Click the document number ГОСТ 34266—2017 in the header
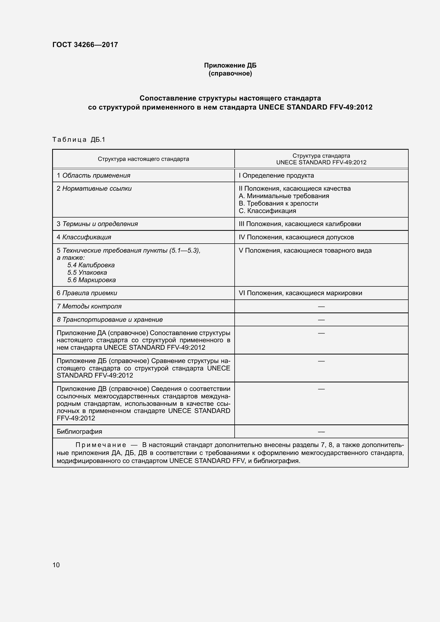tap(85, 45)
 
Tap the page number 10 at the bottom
tap(56, 565)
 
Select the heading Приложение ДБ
tap(230, 65)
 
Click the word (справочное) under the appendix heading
tap(230, 73)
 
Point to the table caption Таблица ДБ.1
tap(78, 140)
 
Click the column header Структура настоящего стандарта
tap(143, 159)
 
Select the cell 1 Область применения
tap(93, 176)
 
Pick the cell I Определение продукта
tap(276, 176)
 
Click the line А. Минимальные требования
tap(284, 196)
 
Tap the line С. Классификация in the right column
tap(267, 211)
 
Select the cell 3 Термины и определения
tap(97, 224)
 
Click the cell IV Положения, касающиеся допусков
tap(296, 237)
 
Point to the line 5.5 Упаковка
tap(87, 273)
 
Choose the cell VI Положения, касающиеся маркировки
tap(300, 293)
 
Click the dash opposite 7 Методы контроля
tap(321, 306)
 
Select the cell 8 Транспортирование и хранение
tap(110, 320)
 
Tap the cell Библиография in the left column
tap(79, 432)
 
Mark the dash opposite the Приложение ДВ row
tap(321, 389)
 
